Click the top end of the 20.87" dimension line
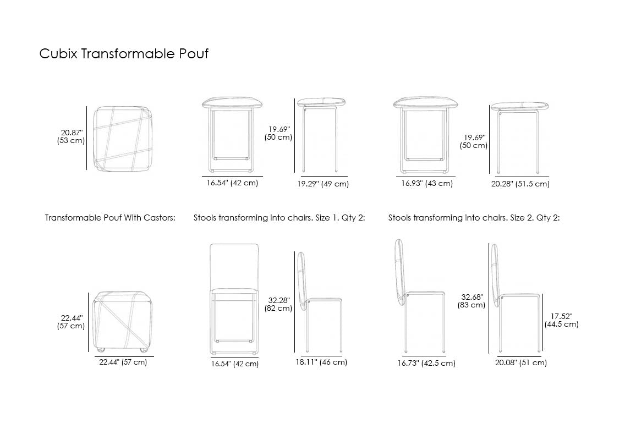tap(86, 106)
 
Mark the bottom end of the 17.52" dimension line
tap(542, 351)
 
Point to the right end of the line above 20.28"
tap(549, 177)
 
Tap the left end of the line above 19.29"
tap(301, 176)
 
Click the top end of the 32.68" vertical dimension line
tap(489, 244)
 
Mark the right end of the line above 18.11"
tap(342, 356)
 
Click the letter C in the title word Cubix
tap(44, 54)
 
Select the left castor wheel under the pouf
tap(100, 350)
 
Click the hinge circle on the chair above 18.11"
tap(309, 302)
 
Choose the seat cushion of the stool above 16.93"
tap(425, 103)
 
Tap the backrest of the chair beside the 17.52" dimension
tap(495, 276)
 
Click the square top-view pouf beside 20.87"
tap(123, 139)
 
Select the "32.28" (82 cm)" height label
tap(278, 304)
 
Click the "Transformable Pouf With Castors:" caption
tap(110, 218)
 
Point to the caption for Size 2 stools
tap(474, 218)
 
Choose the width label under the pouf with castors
tap(123, 362)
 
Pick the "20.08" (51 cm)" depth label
tap(521, 362)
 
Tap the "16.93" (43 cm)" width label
tap(427, 183)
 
